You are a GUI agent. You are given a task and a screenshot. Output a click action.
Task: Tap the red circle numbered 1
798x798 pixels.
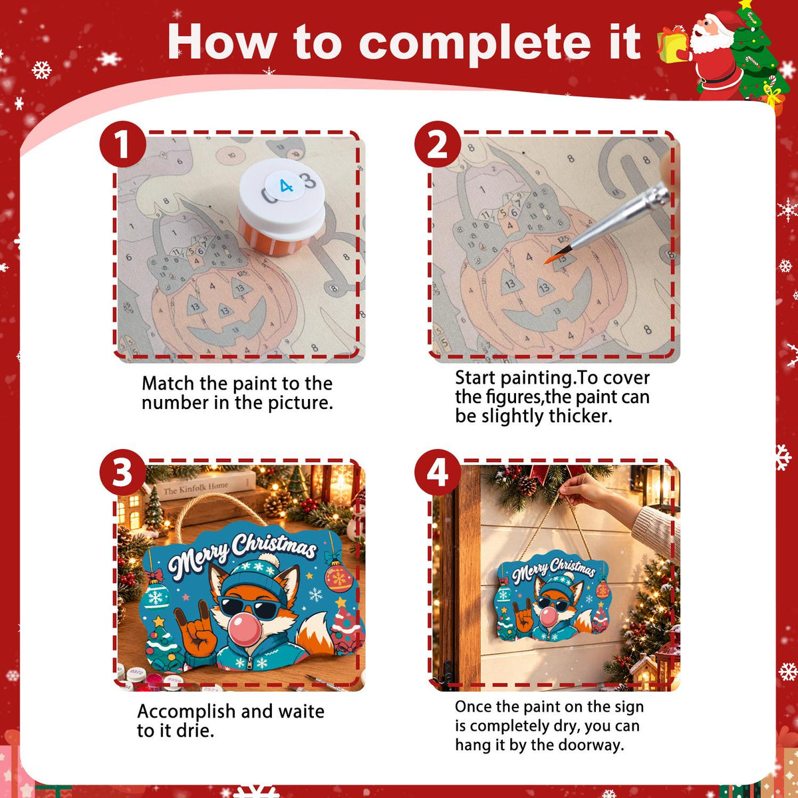tap(122, 144)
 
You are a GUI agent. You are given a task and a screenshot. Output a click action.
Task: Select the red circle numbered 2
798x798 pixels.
tap(438, 144)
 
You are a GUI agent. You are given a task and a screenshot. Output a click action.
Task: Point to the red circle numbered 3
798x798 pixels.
tap(122, 472)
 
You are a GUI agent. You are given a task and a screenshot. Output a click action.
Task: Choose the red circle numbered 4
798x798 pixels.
tap(438, 472)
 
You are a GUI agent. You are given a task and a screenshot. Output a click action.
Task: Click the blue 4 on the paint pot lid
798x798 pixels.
tap(286, 186)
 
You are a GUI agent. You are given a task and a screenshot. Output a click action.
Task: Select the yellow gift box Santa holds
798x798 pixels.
tap(672, 46)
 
